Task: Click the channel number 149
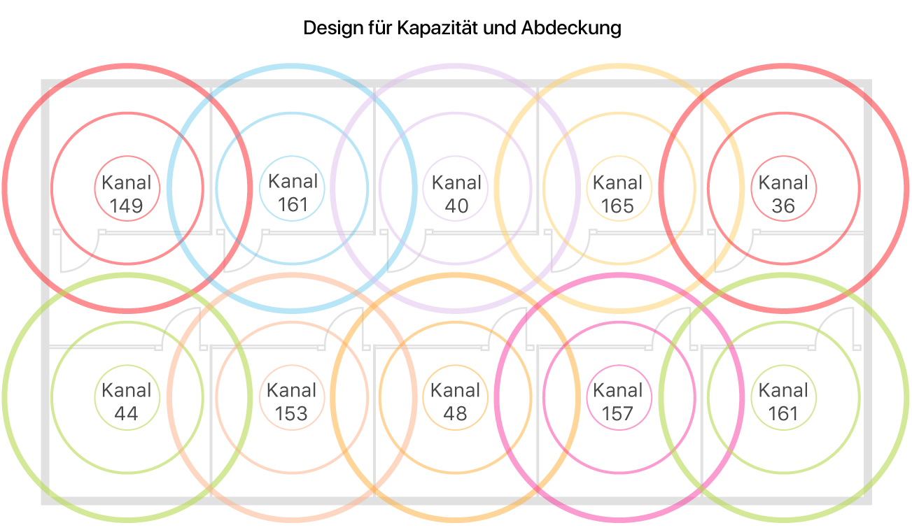(127, 206)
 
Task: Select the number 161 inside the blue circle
(293, 204)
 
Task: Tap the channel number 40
(456, 206)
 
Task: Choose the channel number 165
(617, 206)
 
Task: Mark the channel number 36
(783, 206)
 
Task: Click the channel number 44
(126, 413)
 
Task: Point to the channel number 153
(291, 413)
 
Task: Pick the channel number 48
(455, 413)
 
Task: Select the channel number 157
(617, 413)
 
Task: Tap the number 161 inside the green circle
(783, 413)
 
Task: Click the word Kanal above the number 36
(783, 183)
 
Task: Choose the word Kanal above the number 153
(292, 390)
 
